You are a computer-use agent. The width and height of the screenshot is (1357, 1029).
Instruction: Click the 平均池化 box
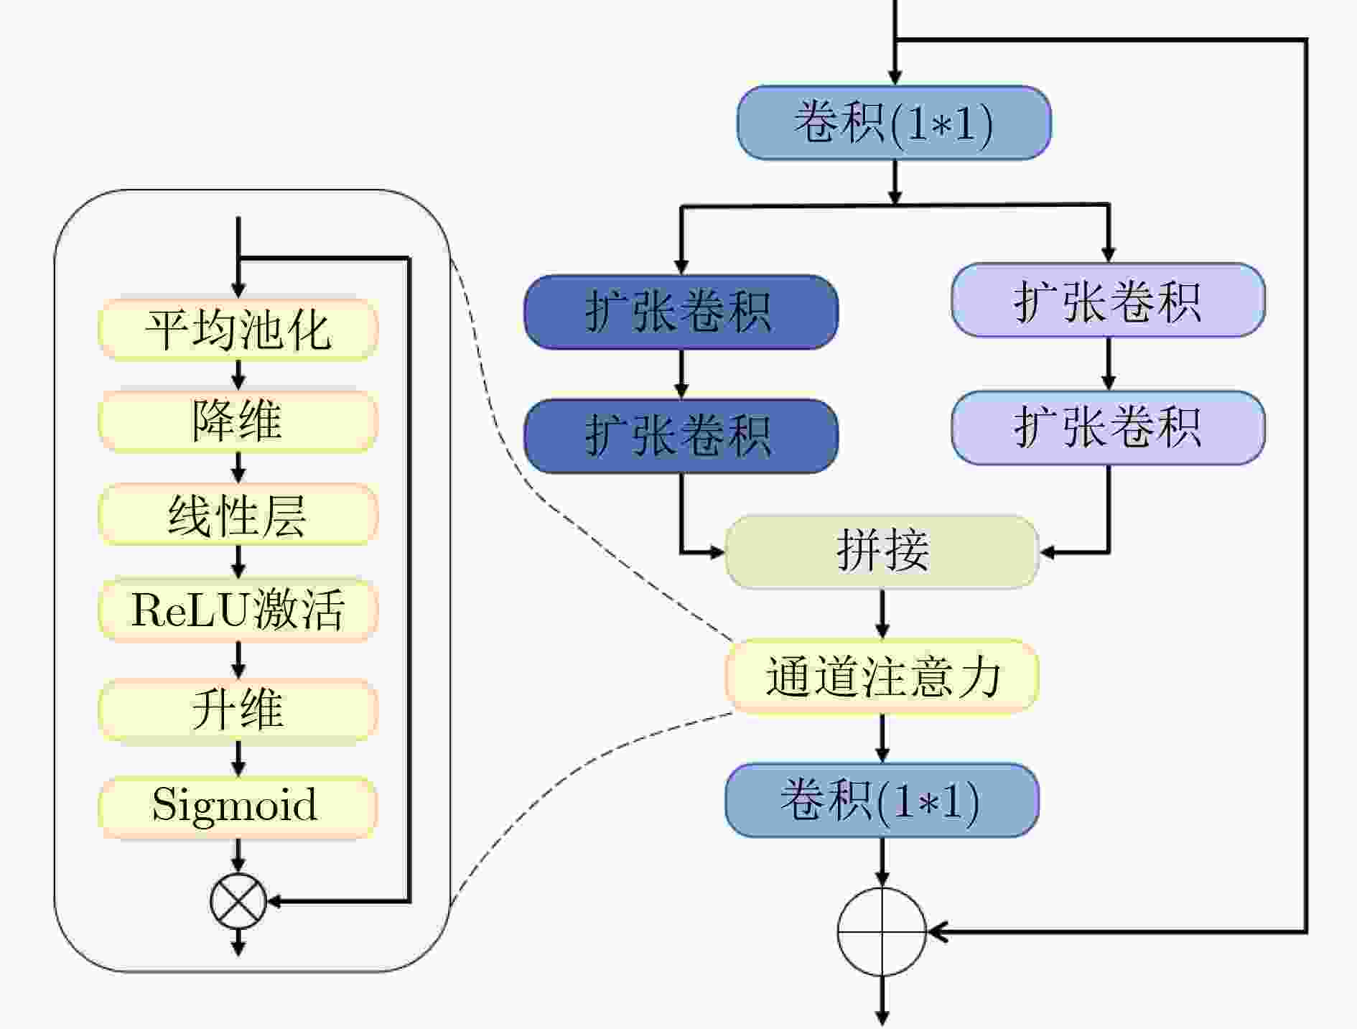coord(238,330)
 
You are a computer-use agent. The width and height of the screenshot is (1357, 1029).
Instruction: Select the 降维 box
coord(238,421)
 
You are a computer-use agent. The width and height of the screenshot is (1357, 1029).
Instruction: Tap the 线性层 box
coord(238,514)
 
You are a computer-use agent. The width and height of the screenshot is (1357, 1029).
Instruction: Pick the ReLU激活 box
coord(238,610)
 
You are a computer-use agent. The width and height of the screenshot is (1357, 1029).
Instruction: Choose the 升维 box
coord(238,709)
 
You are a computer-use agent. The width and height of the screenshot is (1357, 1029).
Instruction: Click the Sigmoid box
coord(238,805)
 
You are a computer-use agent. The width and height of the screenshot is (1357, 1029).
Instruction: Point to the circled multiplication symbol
coord(238,901)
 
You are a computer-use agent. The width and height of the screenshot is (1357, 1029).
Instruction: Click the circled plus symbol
coord(882,932)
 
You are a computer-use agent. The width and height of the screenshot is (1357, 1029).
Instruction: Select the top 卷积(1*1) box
coord(894,123)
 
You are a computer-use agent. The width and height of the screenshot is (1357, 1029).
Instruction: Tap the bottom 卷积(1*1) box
coord(882,800)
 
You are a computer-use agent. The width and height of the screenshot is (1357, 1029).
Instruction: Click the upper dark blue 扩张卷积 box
coord(681,312)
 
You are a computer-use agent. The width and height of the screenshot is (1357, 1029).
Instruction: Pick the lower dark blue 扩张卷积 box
coord(681,436)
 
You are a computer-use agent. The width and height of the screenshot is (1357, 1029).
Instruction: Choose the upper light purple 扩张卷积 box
coord(1108,300)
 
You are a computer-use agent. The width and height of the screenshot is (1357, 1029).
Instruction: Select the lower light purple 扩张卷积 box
coord(1108,427)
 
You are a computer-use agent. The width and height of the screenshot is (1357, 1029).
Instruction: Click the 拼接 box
coord(882,551)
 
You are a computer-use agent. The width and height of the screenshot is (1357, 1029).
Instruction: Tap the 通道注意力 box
coord(882,676)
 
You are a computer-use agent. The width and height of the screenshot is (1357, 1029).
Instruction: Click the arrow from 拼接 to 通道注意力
coord(882,614)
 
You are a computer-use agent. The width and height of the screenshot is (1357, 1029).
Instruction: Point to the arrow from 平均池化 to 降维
coord(238,375)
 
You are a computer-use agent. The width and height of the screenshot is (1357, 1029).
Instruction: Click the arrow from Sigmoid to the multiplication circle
coord(238,857)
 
